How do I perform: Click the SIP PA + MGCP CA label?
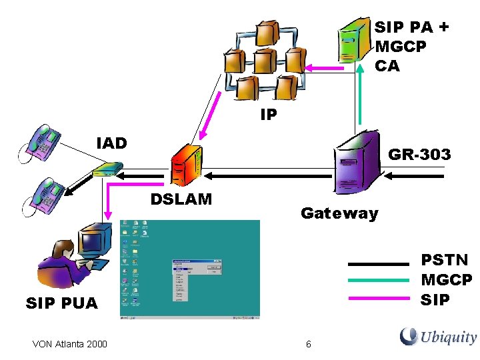[x=411, y=46]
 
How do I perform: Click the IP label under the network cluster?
[x=269, y=115]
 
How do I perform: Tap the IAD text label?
[x=111, y=143]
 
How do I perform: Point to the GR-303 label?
[x=419, y=155]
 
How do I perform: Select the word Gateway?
[x=339, y=213]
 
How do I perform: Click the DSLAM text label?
[x=181, y=199]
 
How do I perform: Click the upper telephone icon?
[x=41, y=142]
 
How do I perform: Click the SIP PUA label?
[x=61, y=304]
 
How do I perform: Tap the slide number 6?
[x=308, y=344]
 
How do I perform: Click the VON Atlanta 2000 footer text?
[x=69, y=344]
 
